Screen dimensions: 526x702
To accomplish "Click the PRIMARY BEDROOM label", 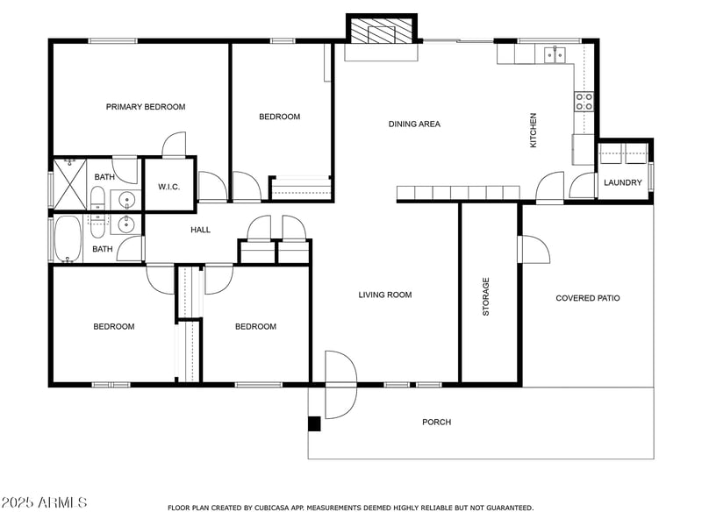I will click(146, 107).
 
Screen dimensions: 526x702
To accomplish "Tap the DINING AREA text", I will click(414, 124).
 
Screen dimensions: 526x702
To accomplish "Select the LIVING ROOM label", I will click(384, 295).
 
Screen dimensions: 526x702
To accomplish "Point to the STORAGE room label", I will click(486, 296).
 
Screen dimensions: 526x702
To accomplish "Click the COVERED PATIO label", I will click(587, 298).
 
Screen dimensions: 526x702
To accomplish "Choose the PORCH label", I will click(436, 422).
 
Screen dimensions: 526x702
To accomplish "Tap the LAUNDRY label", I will click(622, 182).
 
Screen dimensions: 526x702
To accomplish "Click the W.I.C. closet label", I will click(168, 187).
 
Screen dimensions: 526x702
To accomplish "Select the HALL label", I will click(201, 230).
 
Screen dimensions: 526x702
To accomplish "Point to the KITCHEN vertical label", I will click(533, 130).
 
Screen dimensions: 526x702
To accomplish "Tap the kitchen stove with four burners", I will click(584, 101).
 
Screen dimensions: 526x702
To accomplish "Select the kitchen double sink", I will click(555, 54).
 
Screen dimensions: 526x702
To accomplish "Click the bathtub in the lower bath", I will click(68, 239).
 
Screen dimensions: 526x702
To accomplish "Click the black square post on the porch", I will click(314, 423).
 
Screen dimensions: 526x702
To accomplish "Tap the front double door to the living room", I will click(340, 384).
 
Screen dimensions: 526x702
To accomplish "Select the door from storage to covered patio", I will click(534, 249).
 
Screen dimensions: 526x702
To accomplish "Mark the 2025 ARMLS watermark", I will click(44, 502).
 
